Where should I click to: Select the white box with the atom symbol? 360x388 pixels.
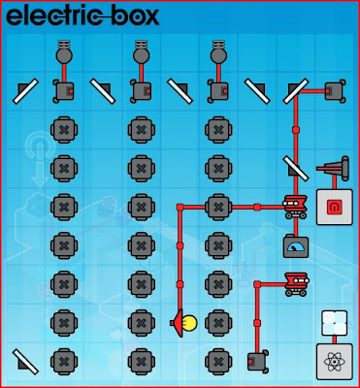pyautogui.click(x=334, y=362)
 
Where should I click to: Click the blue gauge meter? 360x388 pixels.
pyautogui.click(x=295, y=244)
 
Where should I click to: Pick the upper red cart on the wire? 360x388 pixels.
pyautogui.click(x=295, y=206)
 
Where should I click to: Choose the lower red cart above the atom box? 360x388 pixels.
pyautogui.click(x=295, y=283)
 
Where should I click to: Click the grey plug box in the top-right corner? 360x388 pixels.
pyautogui.click(x=335, y=90)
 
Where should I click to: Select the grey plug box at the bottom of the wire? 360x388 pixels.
pyautogui.click(x=257, y=362)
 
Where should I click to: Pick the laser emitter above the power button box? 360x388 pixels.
pyautogui.click(x=333, y=168)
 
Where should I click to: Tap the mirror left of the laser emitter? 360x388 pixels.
pyautogui.click(x=295, y=167)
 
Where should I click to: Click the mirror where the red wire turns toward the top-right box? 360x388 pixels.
pyautogui.click(x=295, y=90)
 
